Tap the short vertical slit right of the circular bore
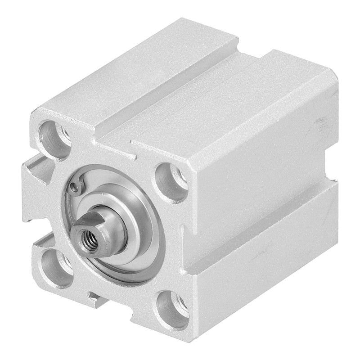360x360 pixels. tap(182, 234)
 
